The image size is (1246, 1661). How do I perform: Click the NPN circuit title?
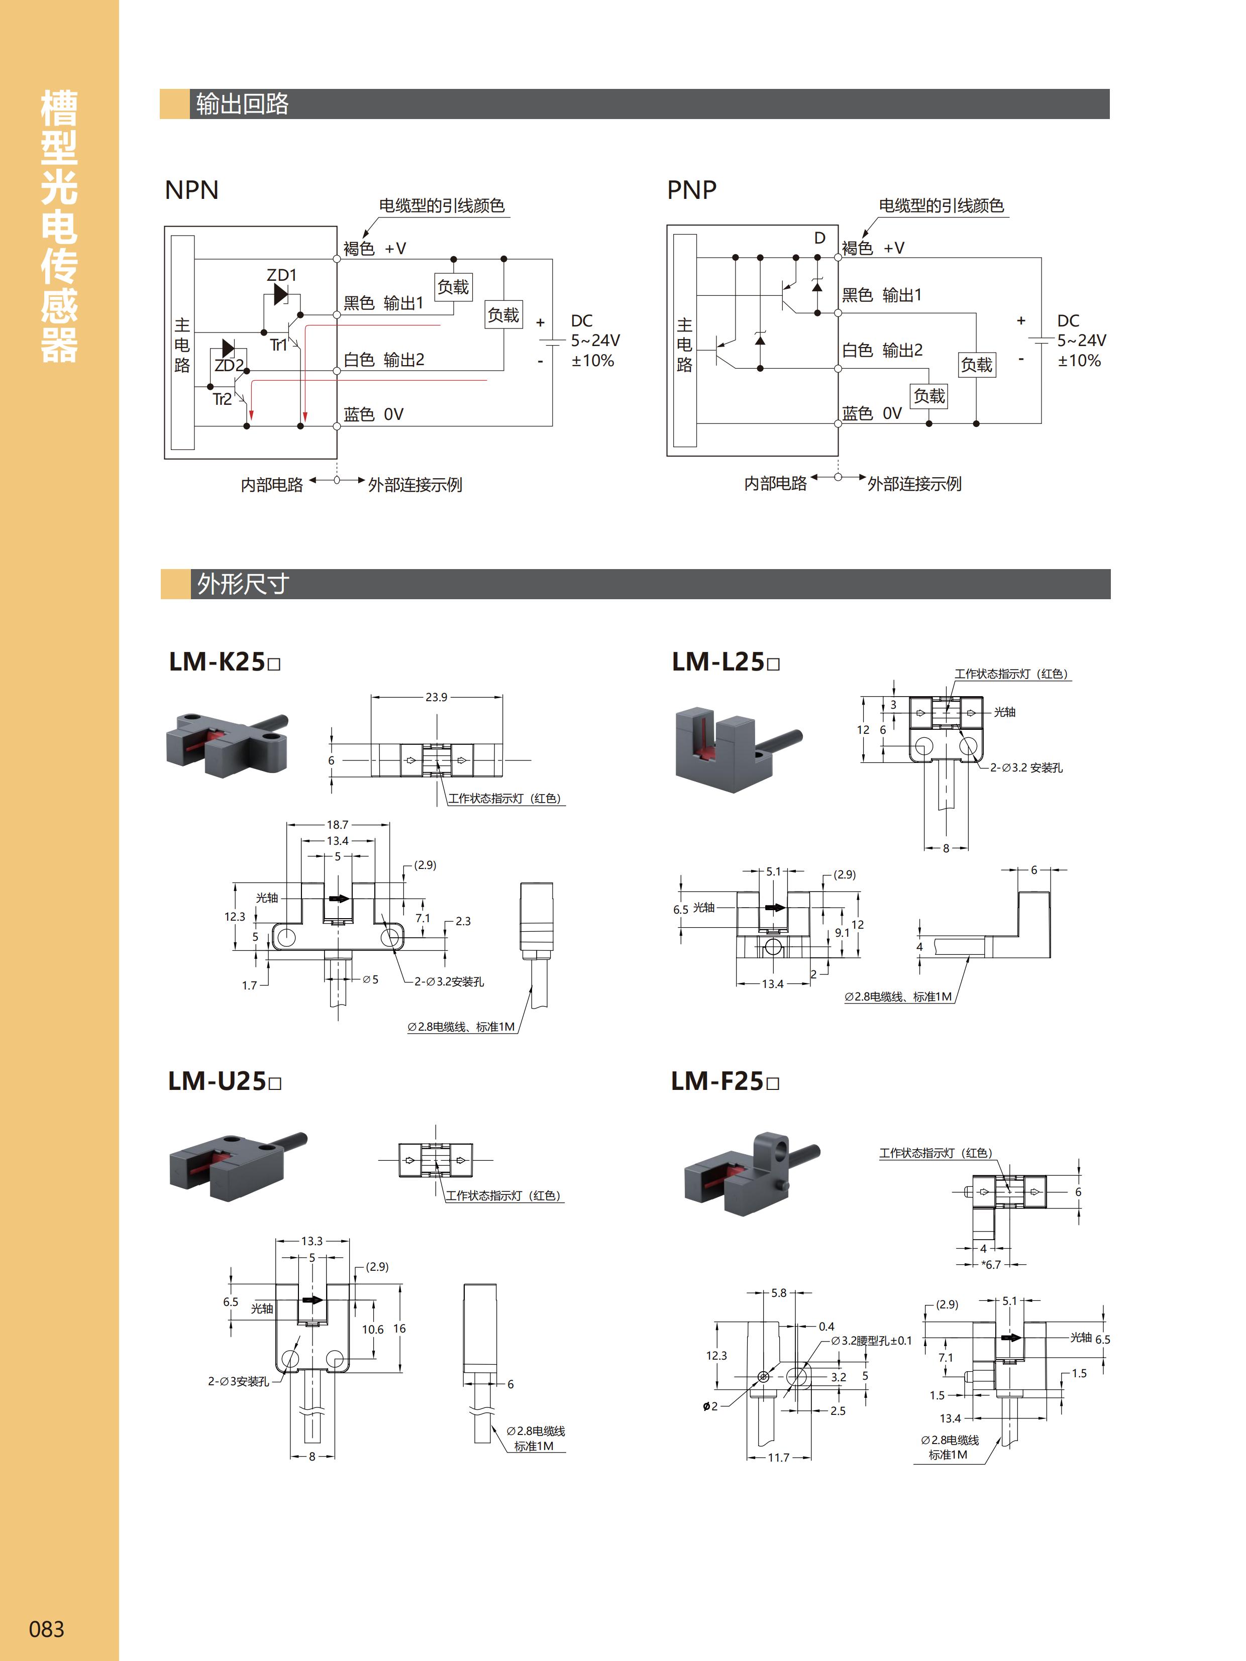[x=191, y=190]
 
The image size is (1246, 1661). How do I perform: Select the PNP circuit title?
[x=691, y=190]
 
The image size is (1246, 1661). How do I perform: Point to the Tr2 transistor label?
[x=222, y=399]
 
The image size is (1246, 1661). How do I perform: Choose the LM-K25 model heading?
[x=224, y=661]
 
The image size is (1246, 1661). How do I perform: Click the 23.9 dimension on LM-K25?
[x=437, y=697]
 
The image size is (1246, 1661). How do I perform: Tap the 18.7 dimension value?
[x=337, y=825]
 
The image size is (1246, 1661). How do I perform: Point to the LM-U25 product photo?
[x=237, y=1165]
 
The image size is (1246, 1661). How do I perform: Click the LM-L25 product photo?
[x=738, y=748]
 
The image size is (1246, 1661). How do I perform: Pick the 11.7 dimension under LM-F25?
[x=778, y=1458]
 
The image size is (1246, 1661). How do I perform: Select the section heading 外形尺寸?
[x=243, y=584]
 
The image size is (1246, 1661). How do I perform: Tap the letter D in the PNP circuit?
[x=819, y=238]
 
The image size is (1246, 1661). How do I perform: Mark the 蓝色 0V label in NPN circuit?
[x=373, y=414]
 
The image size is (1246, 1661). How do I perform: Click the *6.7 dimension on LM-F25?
[x=991, y=1265]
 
